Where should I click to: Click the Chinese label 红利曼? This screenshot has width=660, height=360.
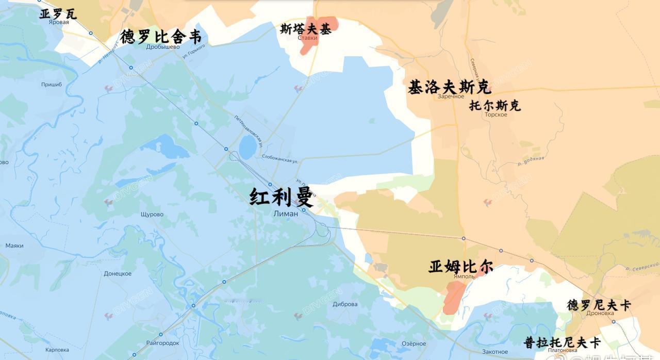pyautogui.click(x=282, y=197)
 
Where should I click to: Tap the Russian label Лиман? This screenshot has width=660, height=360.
pyautogui.click(x=286, y=214)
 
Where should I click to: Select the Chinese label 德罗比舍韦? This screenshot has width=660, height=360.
pyautogui.click(x=160, y=37)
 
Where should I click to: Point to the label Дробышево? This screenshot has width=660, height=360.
pyautogui.click(x=163, y=47)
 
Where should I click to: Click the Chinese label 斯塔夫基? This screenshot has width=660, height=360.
pyautogui.click(x=306, y=29)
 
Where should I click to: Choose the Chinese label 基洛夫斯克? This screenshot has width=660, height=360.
pyautogui.click(x=449, y=86)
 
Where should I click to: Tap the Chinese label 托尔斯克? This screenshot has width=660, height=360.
pyautogui.click(x=495, y=106)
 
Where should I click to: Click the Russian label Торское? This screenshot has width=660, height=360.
pyautogui.click(x=496, y=114)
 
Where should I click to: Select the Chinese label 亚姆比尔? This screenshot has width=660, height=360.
pyautogui.click(x=460, y=267)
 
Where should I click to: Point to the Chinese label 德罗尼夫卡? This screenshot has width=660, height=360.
pyautogui.click(x=599, y=305)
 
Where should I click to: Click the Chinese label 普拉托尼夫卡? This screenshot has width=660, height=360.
pyautogui.click(x=562, y=342)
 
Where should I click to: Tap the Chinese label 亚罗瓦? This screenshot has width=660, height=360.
pyautogui.click(x=58, y=14)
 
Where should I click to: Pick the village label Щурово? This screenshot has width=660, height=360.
pyautogui.click(x=152, y=215)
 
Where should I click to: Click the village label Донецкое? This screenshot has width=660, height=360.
pyautogui.click(x=118, y=274)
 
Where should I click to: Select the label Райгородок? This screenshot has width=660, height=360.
pyautogui.click(x=162, y=343)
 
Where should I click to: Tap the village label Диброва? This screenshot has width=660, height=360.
pyautogui.click(x=345, y=304)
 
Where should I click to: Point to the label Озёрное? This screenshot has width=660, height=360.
pyautogui.click(x=414, y=344)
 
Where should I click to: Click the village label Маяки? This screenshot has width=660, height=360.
pyautogui.click(x=14, y=246)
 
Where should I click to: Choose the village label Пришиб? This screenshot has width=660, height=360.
pyautogui.click(x=52, y=85)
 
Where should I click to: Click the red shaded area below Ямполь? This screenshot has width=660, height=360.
pyautogui.click(x=454, y=297)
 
